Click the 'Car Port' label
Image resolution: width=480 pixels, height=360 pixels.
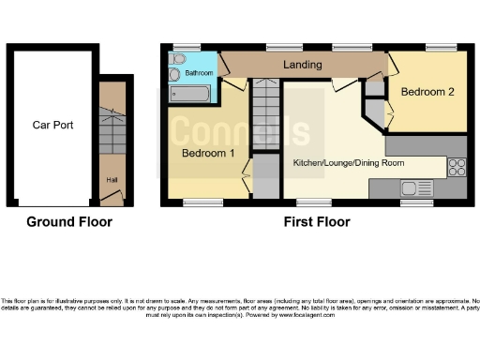(x=52, y=124)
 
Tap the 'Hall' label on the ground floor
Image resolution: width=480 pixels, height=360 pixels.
(x=112, y=181)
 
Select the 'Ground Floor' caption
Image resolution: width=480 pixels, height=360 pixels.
(x=68, y=222)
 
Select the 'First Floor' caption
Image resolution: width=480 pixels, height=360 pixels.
(x=317, y=222)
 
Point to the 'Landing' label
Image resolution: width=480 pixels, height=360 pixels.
(x=302, y=65)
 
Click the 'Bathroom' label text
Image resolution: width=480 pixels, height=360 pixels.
(x=199, y=72)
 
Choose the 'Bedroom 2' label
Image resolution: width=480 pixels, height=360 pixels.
(x=427, y=92)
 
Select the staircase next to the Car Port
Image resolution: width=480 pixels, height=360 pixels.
(x=112, y=131)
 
